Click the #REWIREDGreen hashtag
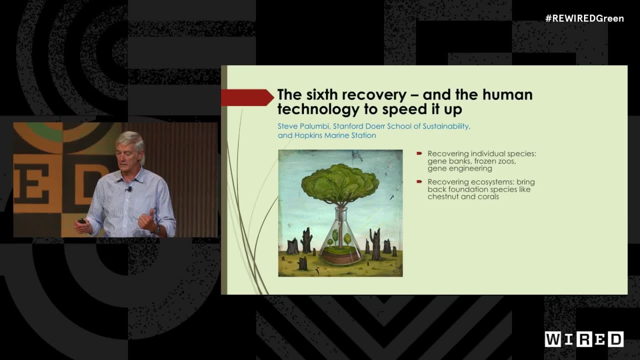click(x=584, y=18)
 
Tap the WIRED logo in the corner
click(x=584, y=339)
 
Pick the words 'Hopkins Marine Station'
click(x=335, y=136)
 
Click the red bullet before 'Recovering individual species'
click(x=419, y=153)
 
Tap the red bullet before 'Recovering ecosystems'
click(x=419, y=182)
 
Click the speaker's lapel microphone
click(x=129, y=188)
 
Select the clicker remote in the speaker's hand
click(x=82, y=221)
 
